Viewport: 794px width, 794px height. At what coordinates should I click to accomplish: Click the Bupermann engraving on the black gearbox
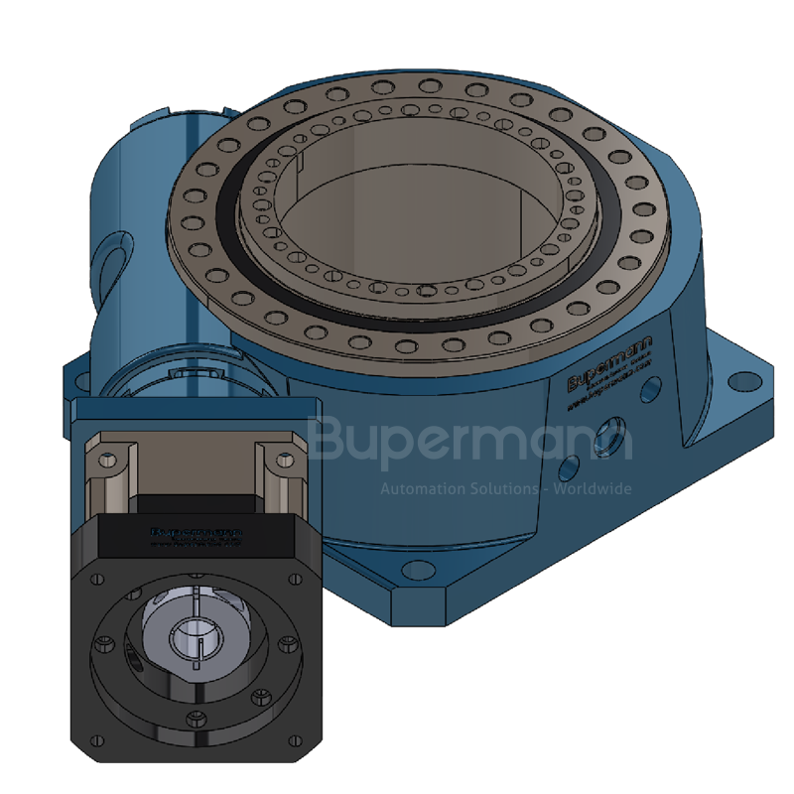pos(197,533)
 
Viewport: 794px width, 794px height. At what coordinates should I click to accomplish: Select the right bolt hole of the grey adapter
pos(286,460)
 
